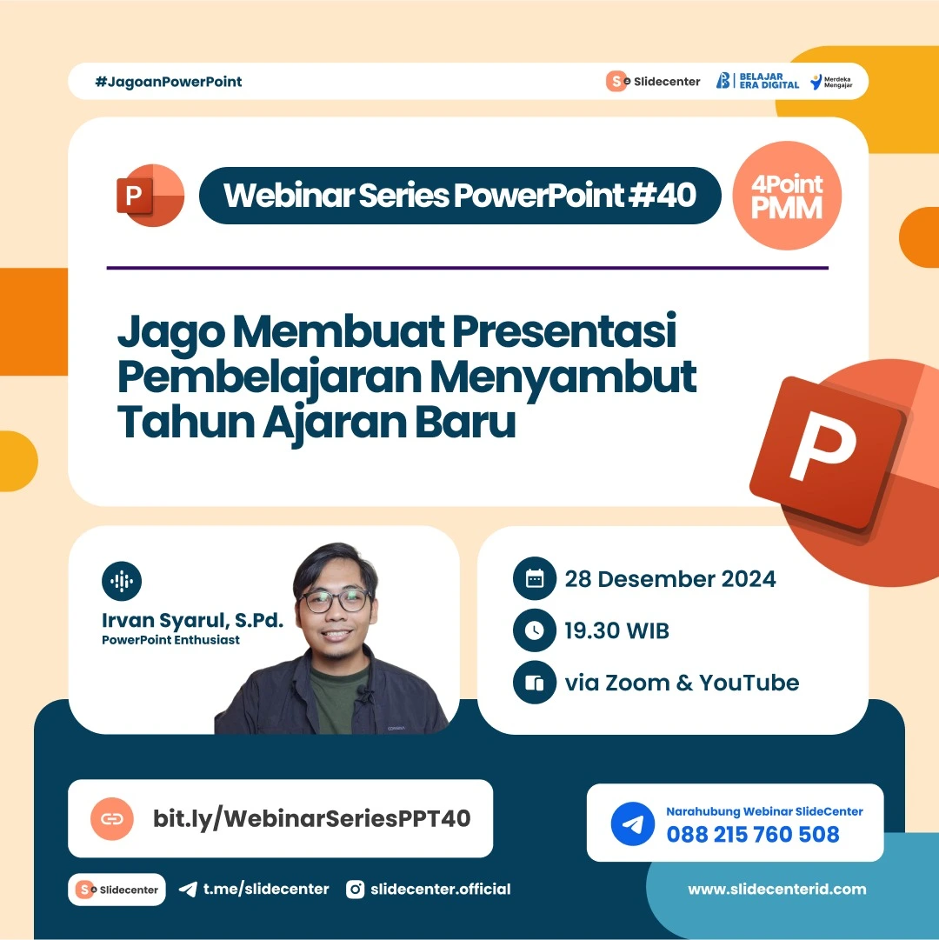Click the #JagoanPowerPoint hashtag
[169, 82]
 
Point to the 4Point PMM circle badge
[788, 197]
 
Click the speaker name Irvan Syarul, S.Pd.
[192, 621]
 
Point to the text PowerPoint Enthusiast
[170, 640]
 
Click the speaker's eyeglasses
[336, 600]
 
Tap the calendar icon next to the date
[534, 579]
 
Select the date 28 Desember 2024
[669, 579]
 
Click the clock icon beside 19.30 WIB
[534, 631]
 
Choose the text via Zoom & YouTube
[682, 683]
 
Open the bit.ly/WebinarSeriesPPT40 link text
[311, 818]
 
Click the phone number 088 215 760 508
[753, 835]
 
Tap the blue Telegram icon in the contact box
[632, 823]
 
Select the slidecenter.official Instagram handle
[440, 889]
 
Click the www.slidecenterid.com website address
[776, 889]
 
